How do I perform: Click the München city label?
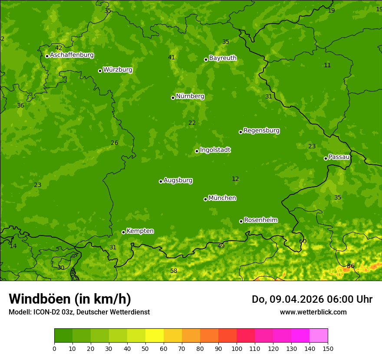(222, 198)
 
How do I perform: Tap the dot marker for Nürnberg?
(173, 98)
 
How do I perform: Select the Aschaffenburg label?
(72, 55)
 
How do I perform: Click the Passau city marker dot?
(326, 158)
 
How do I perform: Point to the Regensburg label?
(261, 131)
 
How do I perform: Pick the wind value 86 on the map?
(350, 266)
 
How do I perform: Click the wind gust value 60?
(303, 241)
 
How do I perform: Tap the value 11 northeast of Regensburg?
(327, 65)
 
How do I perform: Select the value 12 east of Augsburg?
(235, 179)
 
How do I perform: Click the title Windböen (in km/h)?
(70, 299)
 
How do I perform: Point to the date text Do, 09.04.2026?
(281, 299)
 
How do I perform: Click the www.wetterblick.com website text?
(313, 312)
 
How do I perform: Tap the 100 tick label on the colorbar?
(237, 348)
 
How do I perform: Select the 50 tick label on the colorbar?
(145, 348)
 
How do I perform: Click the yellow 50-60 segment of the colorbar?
(155, 336)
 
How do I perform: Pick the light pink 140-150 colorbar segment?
(319, 336)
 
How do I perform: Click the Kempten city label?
(140, 231)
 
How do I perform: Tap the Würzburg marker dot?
(100, 71)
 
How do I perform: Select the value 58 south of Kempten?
(174, 271)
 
